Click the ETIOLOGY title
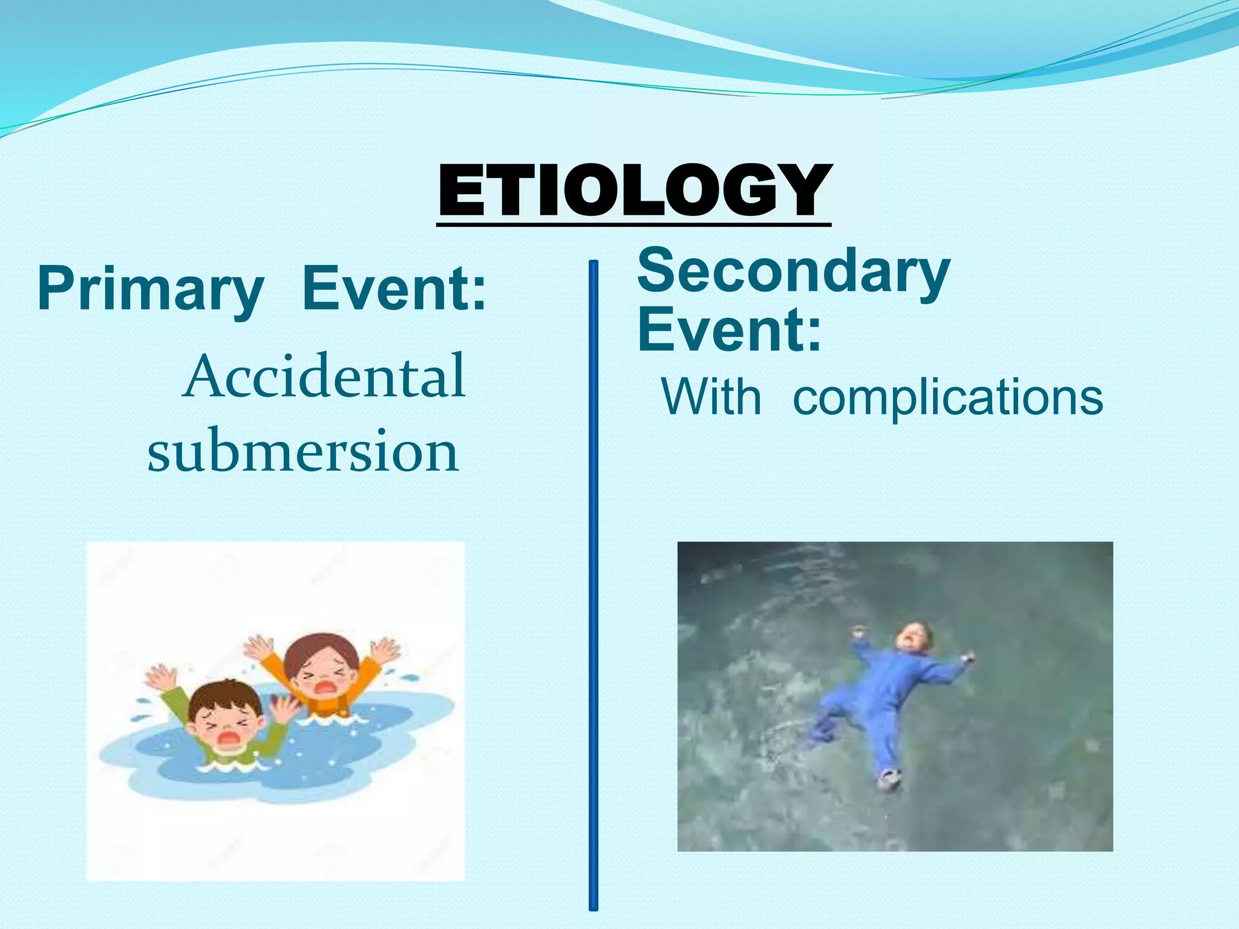pos(634,190)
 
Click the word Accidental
pos(325,376)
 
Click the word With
pos(711,397)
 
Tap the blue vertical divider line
pos(593,585)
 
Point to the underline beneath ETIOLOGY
pos(634,224)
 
